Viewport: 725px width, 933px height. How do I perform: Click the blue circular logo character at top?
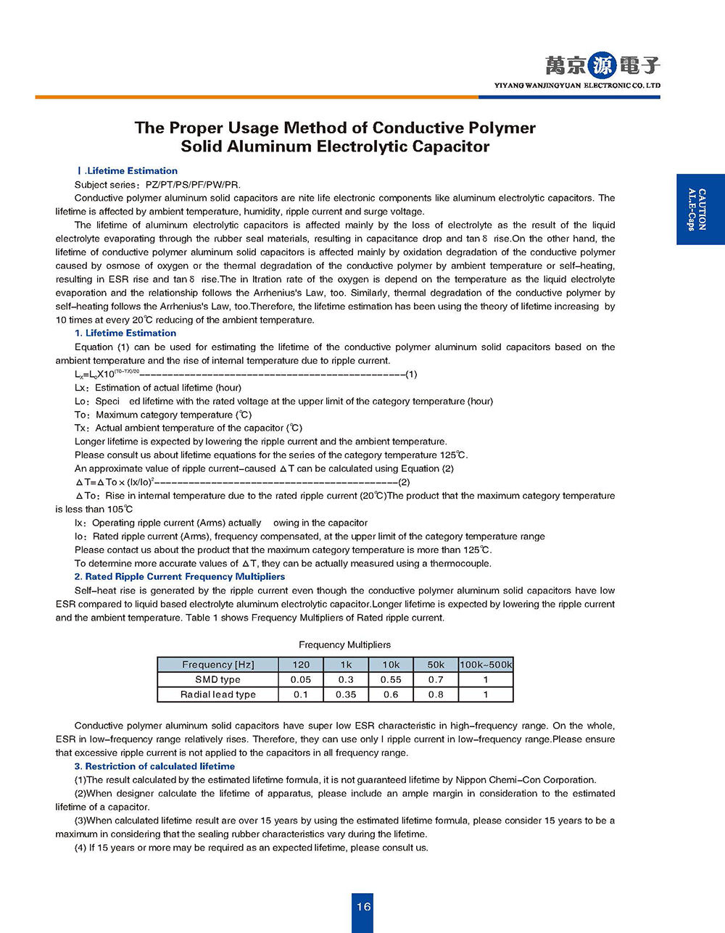pyautogui.click(x=602, y=66)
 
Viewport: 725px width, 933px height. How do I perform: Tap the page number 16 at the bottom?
pyautogui.click(x=363, y=906)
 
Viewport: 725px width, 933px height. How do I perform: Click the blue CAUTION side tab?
pyautogui.click(x=700, y=210)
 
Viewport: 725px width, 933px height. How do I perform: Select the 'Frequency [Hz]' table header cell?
pyautogui.click(x=217, y=665)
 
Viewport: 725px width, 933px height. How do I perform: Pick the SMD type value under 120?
pyautogui.click(x=301, y=680)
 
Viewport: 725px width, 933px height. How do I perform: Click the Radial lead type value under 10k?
pyautogui.click(x=391, y=694)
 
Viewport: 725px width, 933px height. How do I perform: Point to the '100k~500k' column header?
pyautogui.click(x=486, y=665)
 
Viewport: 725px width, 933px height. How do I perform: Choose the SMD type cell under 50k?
pyautogui.click(x=436, y=680)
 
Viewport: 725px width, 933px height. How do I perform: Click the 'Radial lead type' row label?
pyautogui.click(x=217, y=694)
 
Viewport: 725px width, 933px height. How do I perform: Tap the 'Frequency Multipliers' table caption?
pyautogui.click(x=344, y=644)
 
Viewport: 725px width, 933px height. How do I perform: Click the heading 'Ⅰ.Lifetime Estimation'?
pyautogui.click(x=127, y=171)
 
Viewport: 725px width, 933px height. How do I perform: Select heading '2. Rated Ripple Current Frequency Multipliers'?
pyautogui.click(x=179, y=577)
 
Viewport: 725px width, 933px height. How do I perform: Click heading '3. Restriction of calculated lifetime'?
pyautogui.click(x=154, y=766)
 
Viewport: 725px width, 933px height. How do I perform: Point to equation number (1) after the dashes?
pyautogui.click(x=411, y=374)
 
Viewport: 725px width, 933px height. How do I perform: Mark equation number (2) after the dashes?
pyautogui.click(x=404, y=482)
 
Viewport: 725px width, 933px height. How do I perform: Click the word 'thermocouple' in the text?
pyautogui.click(x=460, y=563)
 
